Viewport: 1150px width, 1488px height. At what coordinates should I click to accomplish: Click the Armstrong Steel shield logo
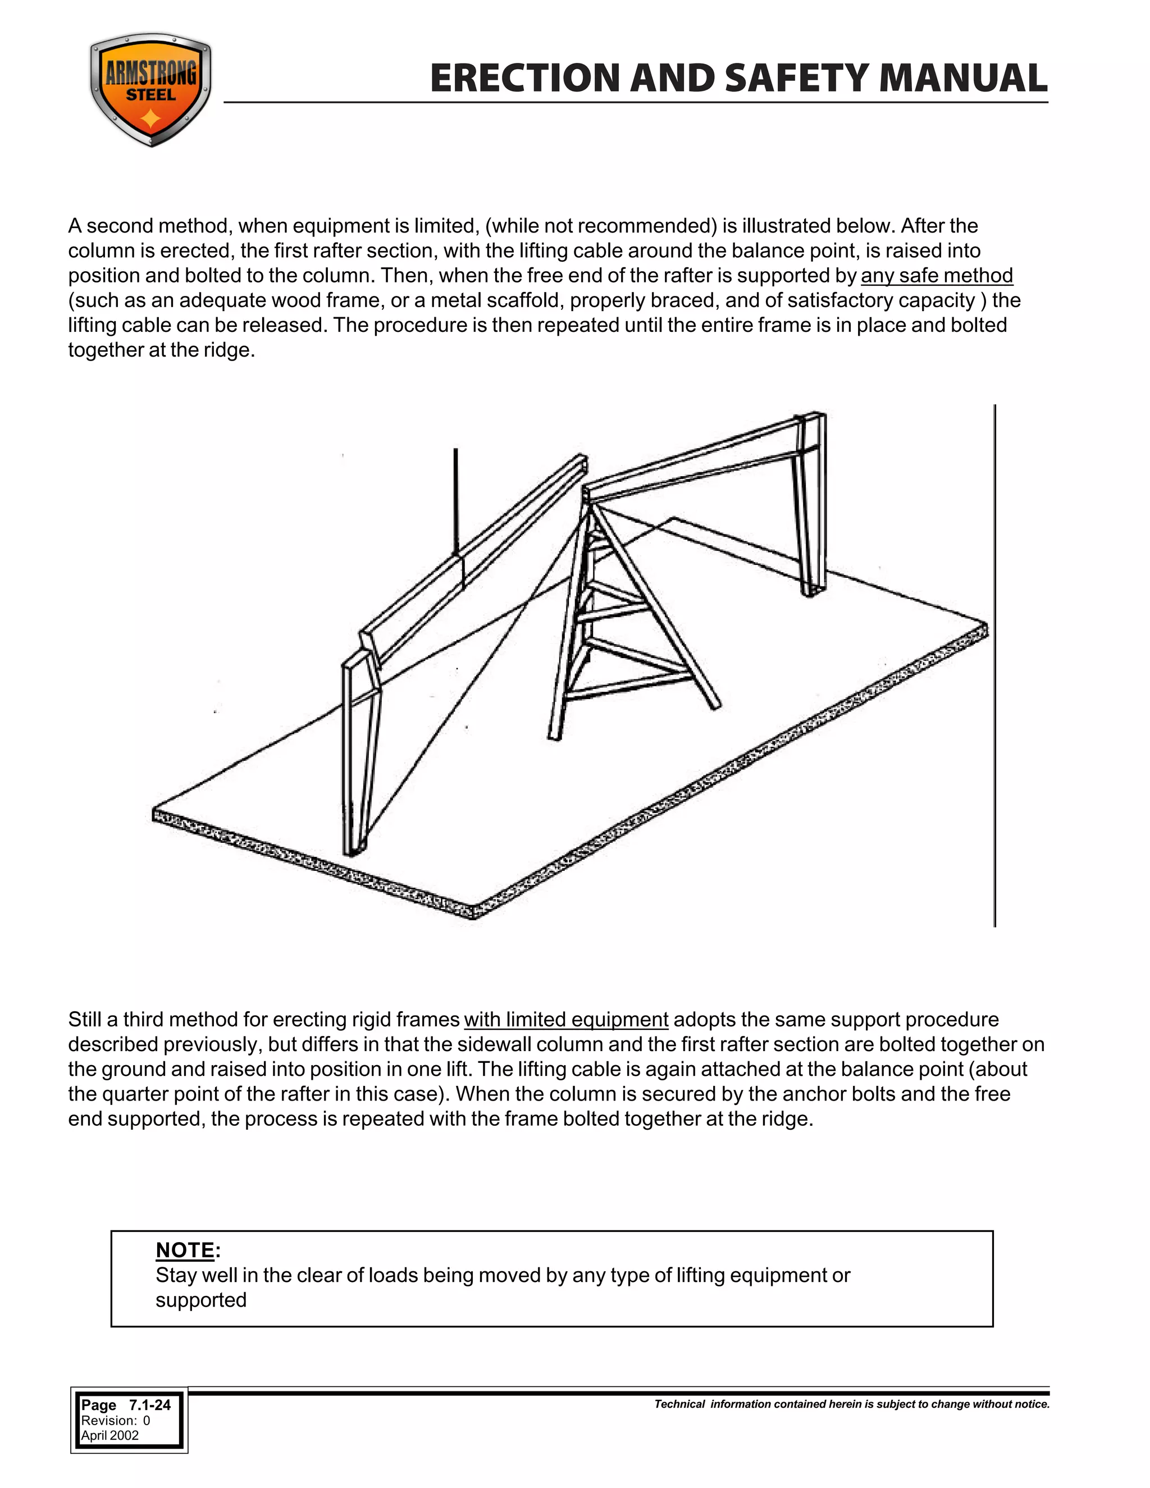(x=150, y=89)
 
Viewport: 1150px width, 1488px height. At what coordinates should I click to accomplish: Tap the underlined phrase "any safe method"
(x=937, y=275)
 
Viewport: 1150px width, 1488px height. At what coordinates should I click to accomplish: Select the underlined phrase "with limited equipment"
(x=565, y=1020)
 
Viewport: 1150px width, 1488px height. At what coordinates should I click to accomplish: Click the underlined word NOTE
(x=185, y=1250)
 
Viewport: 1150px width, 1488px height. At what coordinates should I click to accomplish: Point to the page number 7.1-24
(x=149, y=1405)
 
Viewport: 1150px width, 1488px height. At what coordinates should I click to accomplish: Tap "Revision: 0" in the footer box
(x=115, y=1421)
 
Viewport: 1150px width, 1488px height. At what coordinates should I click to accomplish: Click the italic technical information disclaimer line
(x=852, y=1404)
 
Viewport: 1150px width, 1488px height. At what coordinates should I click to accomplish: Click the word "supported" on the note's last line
(x=201, y=1300)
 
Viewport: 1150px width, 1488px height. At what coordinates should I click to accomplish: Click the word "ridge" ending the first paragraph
(x=227, y=350)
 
